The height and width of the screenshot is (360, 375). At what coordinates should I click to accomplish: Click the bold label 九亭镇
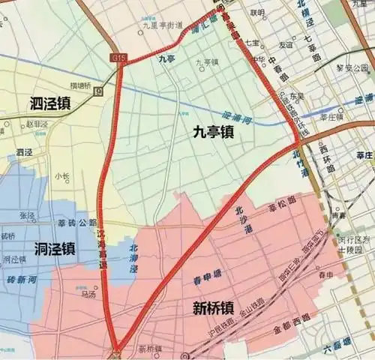click(x=213, y=132)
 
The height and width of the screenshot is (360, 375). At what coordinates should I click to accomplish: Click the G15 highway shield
click(x=118, y=58)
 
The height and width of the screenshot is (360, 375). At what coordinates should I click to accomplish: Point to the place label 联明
click(x=258, y=13)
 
